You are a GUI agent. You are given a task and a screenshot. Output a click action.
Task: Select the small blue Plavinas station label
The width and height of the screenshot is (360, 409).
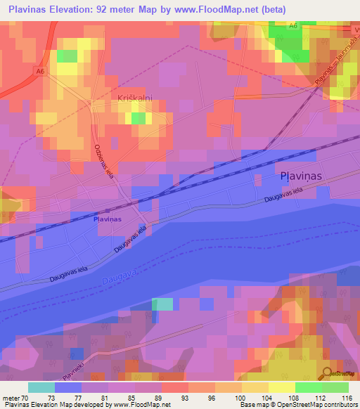108,219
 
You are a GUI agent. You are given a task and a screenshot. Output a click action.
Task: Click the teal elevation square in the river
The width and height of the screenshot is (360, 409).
162,304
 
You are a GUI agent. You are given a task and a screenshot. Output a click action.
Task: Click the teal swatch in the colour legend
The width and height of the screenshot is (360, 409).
41,387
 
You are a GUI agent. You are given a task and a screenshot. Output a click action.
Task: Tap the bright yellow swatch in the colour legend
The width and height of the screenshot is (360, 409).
281,387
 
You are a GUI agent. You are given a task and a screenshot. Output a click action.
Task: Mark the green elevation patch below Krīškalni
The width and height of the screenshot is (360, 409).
139,118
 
